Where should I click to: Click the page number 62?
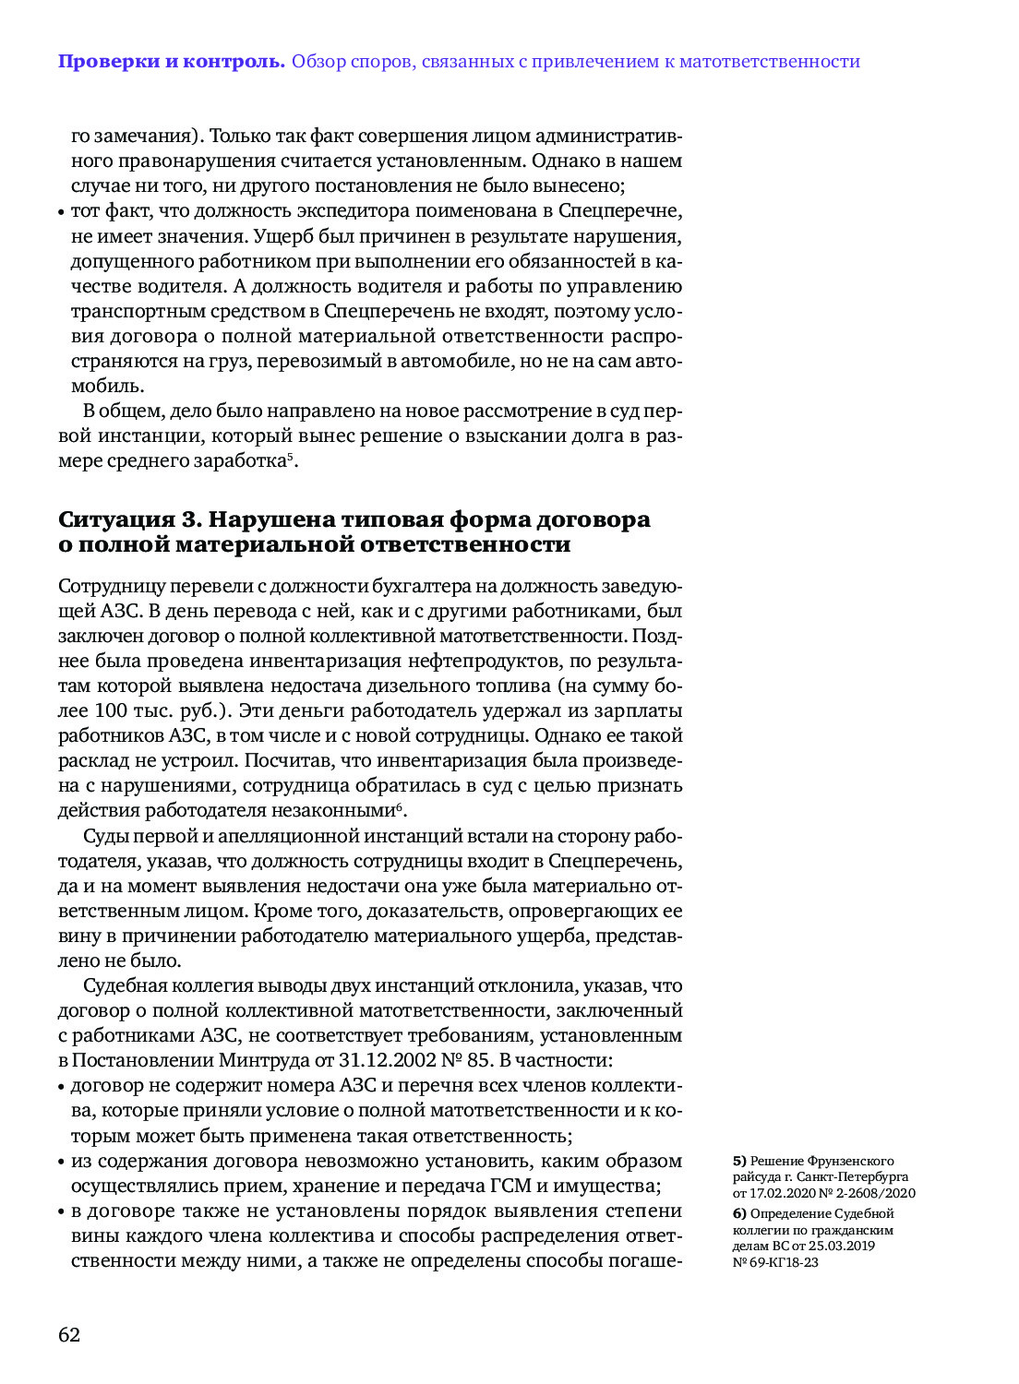tap(69, 1334)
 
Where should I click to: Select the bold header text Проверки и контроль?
tap(172, 62)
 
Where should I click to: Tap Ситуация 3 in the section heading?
tap(128, 519)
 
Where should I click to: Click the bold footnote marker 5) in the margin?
tap(739, 1161)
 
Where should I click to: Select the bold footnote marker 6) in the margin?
tap(739, 1213)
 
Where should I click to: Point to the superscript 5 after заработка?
tap(290, 456)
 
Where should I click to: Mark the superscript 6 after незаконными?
tap(400, 806)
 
